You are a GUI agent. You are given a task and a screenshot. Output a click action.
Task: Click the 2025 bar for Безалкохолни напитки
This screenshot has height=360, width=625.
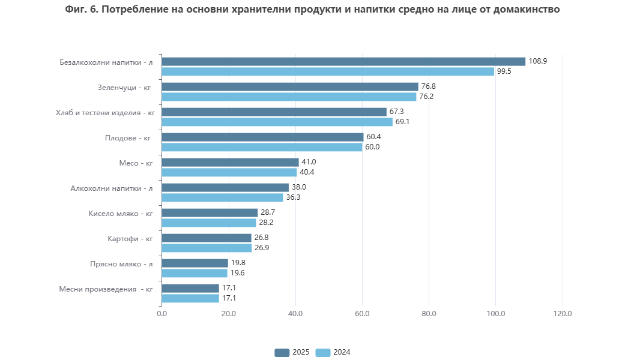(x=343, y=61)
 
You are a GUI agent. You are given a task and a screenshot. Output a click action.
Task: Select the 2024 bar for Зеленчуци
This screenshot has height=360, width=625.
(x=289, y=97)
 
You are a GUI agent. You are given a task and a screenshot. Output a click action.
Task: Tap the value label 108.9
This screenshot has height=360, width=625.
(x=537, y=61)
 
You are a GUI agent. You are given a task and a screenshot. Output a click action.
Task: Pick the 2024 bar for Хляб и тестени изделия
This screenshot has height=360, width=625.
(x=277, y=122)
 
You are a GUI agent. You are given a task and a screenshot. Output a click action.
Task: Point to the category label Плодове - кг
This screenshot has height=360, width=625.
(x=128, y=137)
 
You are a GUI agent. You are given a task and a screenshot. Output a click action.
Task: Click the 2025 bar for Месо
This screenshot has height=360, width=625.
(x=230, y=162)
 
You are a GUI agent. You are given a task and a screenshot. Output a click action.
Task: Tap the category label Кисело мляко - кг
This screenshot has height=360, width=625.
(x=121, y=213)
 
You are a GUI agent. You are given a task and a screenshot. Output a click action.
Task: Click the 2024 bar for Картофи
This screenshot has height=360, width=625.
(x=207, y=248)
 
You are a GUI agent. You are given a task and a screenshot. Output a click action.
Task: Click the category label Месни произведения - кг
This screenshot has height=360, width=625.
(x=106, y=289)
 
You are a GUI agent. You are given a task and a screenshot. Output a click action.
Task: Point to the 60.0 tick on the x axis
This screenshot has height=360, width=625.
(x=362, y=313)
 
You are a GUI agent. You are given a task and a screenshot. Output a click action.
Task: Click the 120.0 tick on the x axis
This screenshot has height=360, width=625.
(x=562, y=313)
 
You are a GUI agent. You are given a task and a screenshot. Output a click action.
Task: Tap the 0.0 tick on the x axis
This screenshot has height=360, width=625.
(x=162, y=313)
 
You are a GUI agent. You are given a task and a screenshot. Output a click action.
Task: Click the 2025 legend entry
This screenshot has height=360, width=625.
(x=292, y=352)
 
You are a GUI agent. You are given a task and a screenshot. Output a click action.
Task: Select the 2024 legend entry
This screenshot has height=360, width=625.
(x=333, y=352)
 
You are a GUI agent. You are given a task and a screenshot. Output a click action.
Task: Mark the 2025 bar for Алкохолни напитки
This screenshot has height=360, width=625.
(x=225, y=187)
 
